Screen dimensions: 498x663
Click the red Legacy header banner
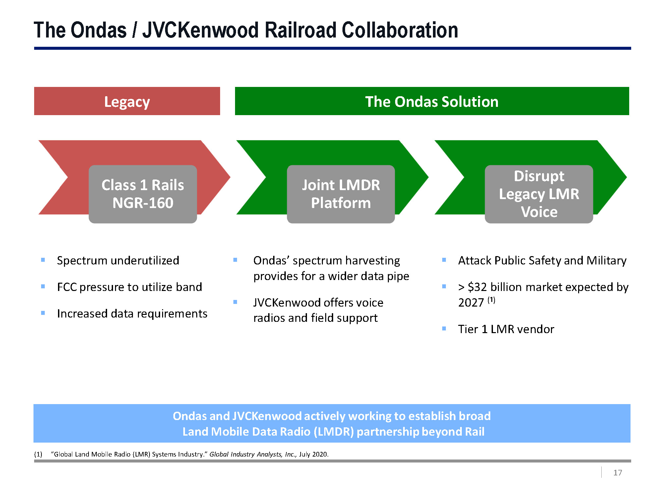[127, 101]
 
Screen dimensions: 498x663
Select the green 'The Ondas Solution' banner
[432, 101]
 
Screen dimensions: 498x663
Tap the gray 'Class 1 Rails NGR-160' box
[143, 194]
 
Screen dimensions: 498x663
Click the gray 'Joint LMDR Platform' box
[341, 194]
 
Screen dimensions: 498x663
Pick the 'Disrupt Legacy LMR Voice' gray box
[539, 194]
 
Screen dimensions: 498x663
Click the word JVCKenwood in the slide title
[200, 30]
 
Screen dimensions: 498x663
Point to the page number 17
[617, 472]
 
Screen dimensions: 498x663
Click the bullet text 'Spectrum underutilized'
[118, 260]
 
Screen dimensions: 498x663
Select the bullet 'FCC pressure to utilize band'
[129, 287]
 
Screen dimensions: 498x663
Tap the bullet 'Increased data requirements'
[132, 314]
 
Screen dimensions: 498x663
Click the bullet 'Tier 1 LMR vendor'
[506, 329]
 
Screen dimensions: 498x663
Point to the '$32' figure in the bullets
[477, 287]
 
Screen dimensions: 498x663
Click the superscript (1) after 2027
[491, 300]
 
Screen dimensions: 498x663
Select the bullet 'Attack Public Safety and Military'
[542, 260]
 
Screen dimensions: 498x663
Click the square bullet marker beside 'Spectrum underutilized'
[43, 260]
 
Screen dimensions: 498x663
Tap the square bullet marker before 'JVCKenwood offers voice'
[235, 302]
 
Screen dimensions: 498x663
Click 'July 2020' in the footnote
[313, 454]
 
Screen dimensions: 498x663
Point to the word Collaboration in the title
[400, 30]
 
